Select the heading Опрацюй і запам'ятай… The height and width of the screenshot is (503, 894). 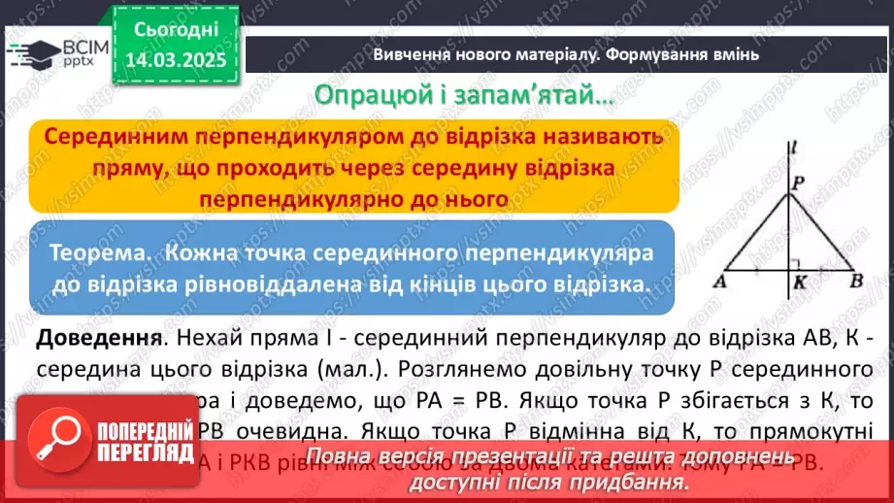[462, 97]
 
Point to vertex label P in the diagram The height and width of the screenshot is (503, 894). [799, 182]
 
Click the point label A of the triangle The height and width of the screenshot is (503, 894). [721, 283]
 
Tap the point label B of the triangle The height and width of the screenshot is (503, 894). [856, 283]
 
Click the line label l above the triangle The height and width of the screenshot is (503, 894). [794, 148]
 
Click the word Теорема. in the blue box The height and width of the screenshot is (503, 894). [102, 253]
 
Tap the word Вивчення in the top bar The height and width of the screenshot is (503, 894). [414, 54]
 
